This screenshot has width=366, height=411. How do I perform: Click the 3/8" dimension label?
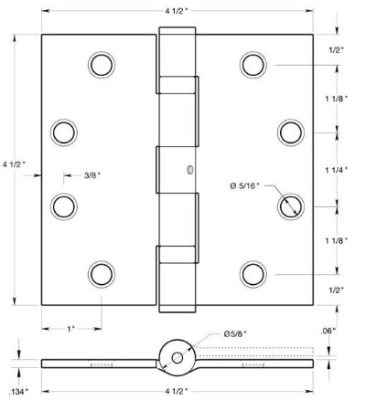pos(92,175)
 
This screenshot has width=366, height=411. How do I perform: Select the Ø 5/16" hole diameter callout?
pos(245,185)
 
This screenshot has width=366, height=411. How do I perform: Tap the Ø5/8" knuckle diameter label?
pos(235,334)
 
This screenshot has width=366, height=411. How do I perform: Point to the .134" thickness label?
pos(18,392)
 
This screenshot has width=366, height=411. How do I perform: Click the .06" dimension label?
pos(328,332)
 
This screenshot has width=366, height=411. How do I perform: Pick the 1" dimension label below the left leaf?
pos(70,329)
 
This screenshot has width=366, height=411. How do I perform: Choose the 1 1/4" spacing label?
pos(337,170)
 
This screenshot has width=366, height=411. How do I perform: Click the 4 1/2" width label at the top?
pos(177,11)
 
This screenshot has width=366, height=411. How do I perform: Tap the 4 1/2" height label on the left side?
pos(15,164)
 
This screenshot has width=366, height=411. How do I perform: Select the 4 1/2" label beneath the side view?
pos(177,392)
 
